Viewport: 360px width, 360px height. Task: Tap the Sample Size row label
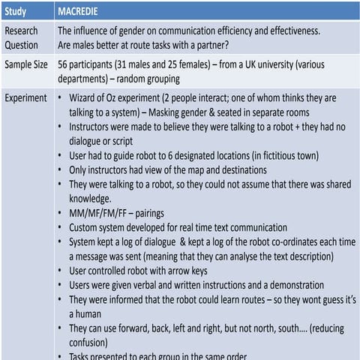27,64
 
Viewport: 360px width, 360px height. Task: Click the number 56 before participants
64,64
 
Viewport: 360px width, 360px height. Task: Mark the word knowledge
92,200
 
